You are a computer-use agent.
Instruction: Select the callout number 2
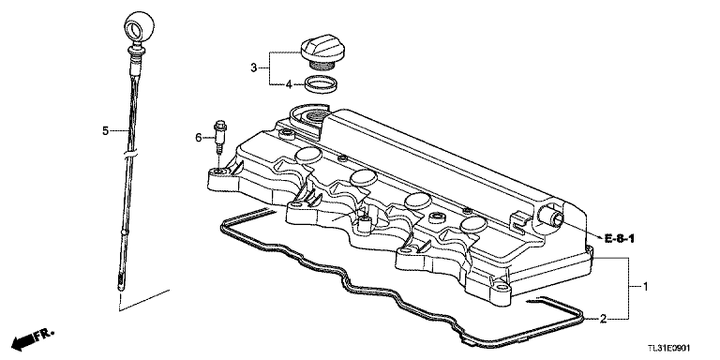tap(604, 319)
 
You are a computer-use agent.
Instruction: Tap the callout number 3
tap(253, 67)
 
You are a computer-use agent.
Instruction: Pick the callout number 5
tap(106, 128)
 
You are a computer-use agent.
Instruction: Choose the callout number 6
tap(198, 138)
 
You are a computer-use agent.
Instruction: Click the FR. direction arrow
tap(29, 338)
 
